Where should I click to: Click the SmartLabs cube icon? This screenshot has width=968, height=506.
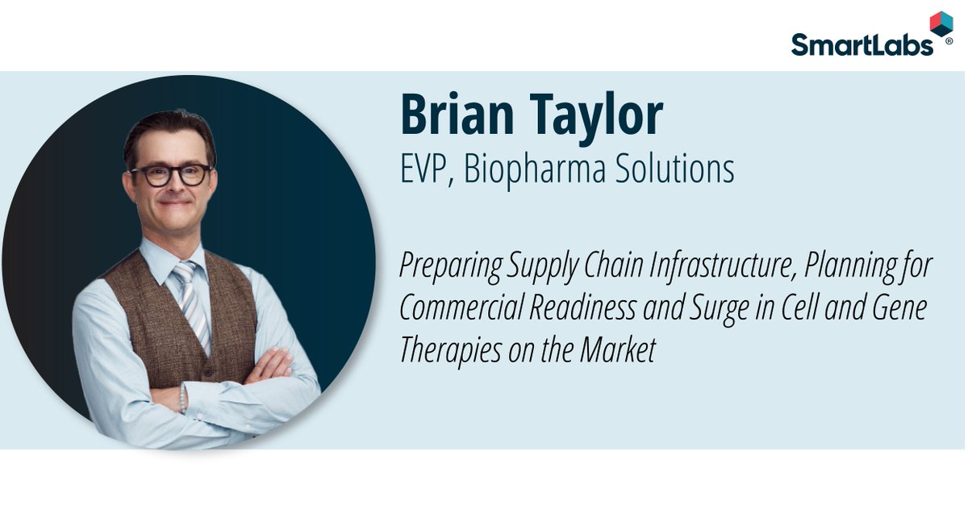(941, 23)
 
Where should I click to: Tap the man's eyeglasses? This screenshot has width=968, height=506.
(171, 174)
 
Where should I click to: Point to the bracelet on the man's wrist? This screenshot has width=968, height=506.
(183, 397)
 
